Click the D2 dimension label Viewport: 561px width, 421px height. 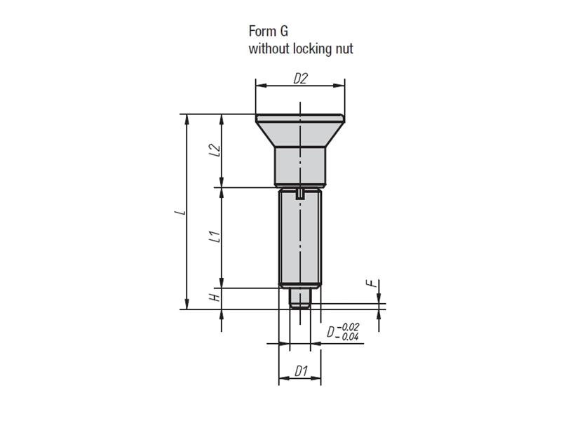[301, 79]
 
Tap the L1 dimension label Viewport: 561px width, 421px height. [215, 237]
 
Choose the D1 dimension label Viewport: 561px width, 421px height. [302, 371]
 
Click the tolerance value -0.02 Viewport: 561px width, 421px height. [348, 327]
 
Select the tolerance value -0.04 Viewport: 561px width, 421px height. [347, 337]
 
